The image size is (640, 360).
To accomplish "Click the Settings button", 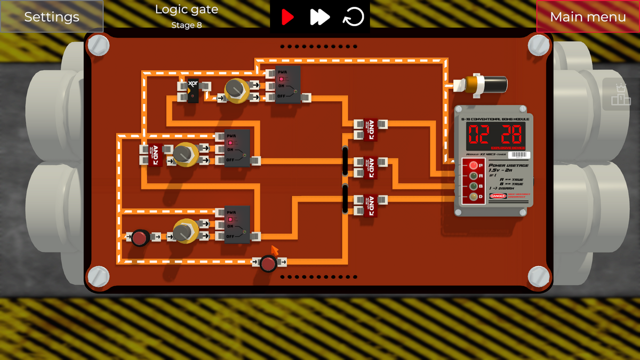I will pos(52,17).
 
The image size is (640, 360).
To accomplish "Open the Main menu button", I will pos(588,17).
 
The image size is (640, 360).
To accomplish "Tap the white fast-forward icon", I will pos(319,17).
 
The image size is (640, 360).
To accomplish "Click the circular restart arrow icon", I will pos(353,17).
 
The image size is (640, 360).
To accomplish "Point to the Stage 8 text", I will pos(186,25).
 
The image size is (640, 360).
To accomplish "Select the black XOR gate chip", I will pos(193,90).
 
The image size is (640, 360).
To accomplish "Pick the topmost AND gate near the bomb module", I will pos(370,129).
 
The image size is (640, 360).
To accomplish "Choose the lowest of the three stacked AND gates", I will pos(370,205).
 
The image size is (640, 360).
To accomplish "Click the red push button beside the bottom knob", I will pos(140,237).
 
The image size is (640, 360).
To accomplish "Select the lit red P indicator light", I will pos(473,165).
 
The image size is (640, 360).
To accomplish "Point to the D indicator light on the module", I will pos(473,197).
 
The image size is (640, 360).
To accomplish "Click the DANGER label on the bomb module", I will pos(498,196).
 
